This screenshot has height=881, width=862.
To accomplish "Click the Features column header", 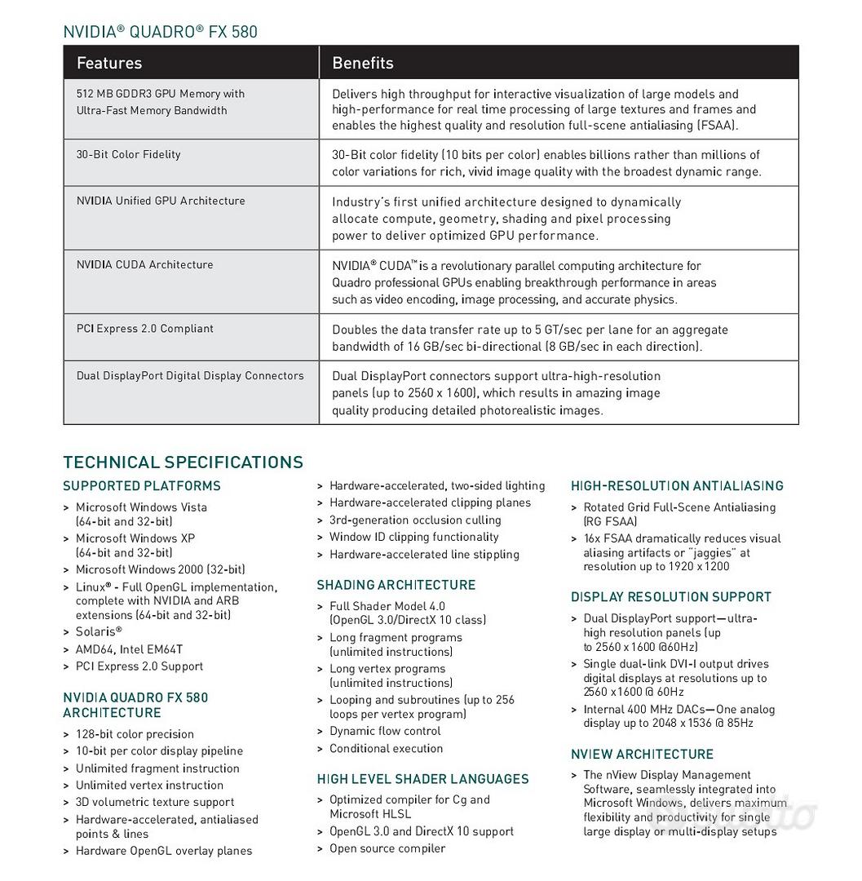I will click(x=109, y=63).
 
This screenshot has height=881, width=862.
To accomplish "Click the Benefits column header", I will click(x=363, y=63).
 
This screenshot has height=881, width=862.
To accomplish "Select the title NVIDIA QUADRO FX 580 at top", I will click(x=160, y=32).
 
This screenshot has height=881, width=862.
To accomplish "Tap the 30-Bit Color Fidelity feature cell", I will click(x=129, y=154).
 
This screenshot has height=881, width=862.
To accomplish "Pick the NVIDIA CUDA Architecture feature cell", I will click(x=145, y=264).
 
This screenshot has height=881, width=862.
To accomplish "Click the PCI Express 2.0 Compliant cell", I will click(x=145, y=328).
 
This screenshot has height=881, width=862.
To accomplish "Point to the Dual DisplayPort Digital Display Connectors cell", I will click(x=190, y=375).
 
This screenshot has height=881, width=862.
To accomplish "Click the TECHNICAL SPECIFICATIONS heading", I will click(x=183, y=462).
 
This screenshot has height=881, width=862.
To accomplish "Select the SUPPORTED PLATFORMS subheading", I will click(x=142, y=486).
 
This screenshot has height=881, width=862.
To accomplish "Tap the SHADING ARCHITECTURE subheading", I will click(x=396, y=585).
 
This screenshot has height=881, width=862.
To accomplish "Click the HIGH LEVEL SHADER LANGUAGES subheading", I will click(x=423, y=779).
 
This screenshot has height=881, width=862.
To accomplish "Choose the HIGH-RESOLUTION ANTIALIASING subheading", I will click(x=677, y=486).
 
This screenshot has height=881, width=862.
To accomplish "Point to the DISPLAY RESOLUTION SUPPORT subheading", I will click(x=671, y=597).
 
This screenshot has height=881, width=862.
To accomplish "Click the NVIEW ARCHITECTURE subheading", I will click(x=642, y=755).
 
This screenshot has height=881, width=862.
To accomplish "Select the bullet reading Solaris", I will click(x=99, y=631).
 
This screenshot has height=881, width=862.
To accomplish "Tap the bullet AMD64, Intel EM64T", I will click(x=129, y=649).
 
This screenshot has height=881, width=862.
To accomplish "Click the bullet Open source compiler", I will click(x=387, y=848).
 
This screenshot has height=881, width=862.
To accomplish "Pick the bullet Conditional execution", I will click(x=386, y=748).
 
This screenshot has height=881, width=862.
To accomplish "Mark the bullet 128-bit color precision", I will click(x=135, y=734).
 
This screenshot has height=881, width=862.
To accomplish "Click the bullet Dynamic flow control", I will click(x=385, y=731).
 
